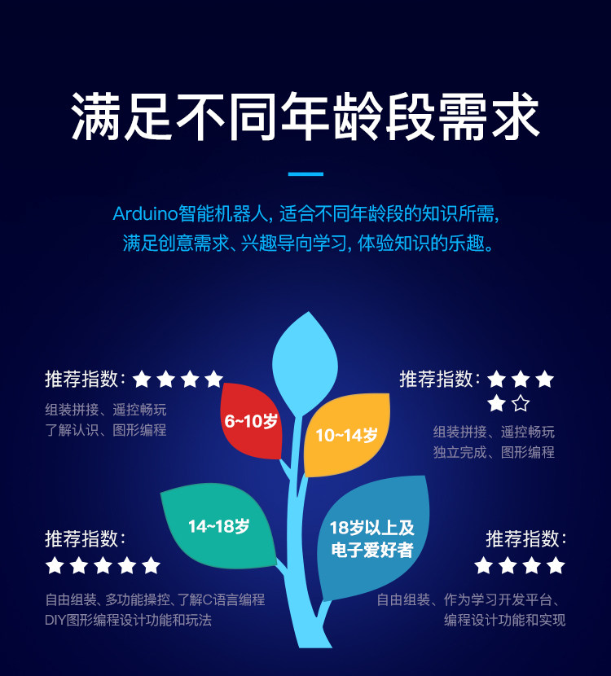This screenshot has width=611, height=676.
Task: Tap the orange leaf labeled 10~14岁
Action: coord(345,435)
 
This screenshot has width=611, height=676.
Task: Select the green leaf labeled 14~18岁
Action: coord(218,526)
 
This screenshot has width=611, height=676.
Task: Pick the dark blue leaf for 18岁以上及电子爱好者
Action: coord(373,538)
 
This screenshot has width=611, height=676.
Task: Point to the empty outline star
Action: coord(521,403)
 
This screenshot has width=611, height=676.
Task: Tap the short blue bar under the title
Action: coord(305,173)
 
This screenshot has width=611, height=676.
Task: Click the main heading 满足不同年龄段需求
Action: coord(305,116)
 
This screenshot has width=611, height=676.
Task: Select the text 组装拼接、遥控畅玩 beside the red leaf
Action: coord(105,410)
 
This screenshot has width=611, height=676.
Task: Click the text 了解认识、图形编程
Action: coord(105,430)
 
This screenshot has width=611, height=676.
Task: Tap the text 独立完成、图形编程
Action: coord(494,452)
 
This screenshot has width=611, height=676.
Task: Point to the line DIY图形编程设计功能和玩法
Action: coord(128,621)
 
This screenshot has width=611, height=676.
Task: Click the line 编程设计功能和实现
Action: coord(504,621)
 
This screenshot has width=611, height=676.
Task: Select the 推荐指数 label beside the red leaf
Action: coord(85,379)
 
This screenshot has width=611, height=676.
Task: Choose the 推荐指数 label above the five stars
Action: coord(85,538)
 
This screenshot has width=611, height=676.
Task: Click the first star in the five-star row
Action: coord(55,565)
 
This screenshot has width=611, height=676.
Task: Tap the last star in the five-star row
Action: coord(152,565)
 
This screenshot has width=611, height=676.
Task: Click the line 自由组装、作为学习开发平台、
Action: coord(471,600)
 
